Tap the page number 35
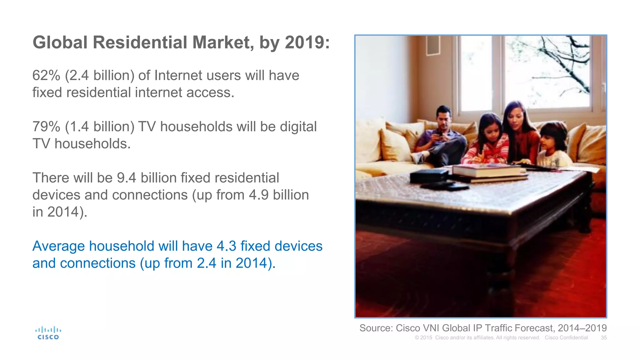click(604, 338)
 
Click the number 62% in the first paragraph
click(46, 75)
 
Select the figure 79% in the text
click(46, 127)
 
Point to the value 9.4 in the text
click(126, 178)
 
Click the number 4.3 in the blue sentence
click(226, 246)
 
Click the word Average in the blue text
click(58, 246)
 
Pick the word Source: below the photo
click(376, 328)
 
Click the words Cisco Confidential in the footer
click(566, 338)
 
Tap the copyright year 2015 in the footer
click(426, 338)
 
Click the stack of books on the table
click(489, 172)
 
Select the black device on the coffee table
click(430, 176)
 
